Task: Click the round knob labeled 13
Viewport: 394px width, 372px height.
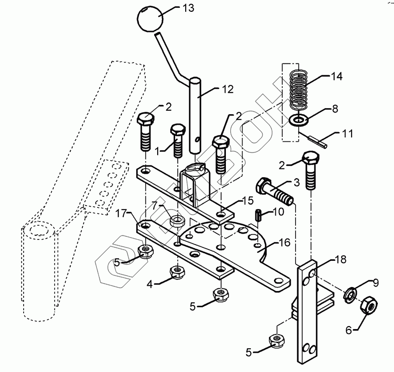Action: [150, 18]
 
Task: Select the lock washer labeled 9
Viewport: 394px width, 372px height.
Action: [350, 294]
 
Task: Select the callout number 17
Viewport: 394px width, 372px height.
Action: [121, 214]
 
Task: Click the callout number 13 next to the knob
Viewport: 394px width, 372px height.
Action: [187, 8]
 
